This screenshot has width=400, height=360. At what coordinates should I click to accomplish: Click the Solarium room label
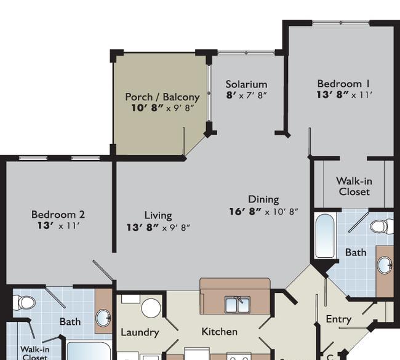click(246, 84)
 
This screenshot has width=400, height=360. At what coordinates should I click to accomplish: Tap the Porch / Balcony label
click(162, 97)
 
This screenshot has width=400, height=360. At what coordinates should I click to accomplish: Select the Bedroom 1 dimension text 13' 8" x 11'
click(345, 95)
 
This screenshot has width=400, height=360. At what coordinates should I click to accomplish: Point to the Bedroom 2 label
click(58, 215)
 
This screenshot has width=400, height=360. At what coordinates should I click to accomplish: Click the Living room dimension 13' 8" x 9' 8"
click(158, 227)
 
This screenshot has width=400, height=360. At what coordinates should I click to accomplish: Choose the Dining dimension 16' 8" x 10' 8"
click(263, 212)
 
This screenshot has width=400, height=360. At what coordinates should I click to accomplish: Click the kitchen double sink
click(238, 305)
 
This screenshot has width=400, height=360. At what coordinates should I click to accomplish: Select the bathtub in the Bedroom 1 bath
click(324, 236)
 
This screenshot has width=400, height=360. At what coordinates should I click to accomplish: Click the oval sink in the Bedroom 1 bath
click(385, 265)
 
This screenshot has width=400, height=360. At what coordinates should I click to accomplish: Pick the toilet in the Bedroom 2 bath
click(24, 303)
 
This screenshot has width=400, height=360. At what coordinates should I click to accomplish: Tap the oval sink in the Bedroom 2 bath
click(103, 318)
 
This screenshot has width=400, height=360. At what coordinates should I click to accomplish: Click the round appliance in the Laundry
click(151, 308)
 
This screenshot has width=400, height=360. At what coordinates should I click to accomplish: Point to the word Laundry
click(140, 332)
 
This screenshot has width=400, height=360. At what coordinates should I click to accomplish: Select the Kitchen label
click(220, 332)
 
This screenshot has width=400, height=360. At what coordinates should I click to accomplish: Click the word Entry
click(339, 319)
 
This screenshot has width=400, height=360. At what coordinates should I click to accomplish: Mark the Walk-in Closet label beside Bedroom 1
click(354, 186)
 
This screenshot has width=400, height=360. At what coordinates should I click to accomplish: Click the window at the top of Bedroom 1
click(341, 23)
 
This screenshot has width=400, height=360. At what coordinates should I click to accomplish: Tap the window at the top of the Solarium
click(246, 53)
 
